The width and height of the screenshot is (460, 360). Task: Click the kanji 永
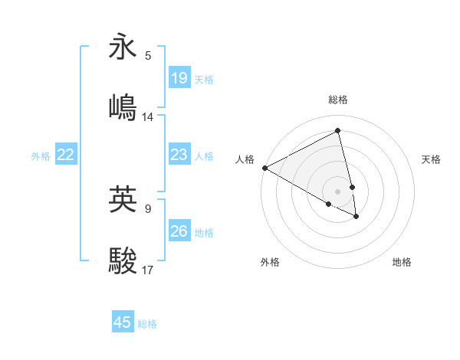123,47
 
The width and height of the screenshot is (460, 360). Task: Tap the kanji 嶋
123,107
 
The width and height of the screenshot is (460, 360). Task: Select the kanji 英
123,198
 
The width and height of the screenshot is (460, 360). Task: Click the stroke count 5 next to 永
147,56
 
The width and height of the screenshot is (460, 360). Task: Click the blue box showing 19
179,77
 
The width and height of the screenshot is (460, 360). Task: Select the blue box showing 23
179,155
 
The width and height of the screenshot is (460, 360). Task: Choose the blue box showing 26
179,231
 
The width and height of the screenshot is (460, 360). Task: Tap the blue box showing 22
66,155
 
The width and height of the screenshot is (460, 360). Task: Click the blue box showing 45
123,322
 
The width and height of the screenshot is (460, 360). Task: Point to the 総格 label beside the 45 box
147,324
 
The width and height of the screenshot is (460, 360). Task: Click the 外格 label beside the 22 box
41,156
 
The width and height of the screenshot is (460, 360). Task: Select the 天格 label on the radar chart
431,159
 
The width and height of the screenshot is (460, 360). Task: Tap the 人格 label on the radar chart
245,159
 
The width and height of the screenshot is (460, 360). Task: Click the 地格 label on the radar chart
402,262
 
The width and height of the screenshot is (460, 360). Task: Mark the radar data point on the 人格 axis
264,168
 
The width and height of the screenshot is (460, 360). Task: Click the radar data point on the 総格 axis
337,130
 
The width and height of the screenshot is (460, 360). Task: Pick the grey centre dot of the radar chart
337,191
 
